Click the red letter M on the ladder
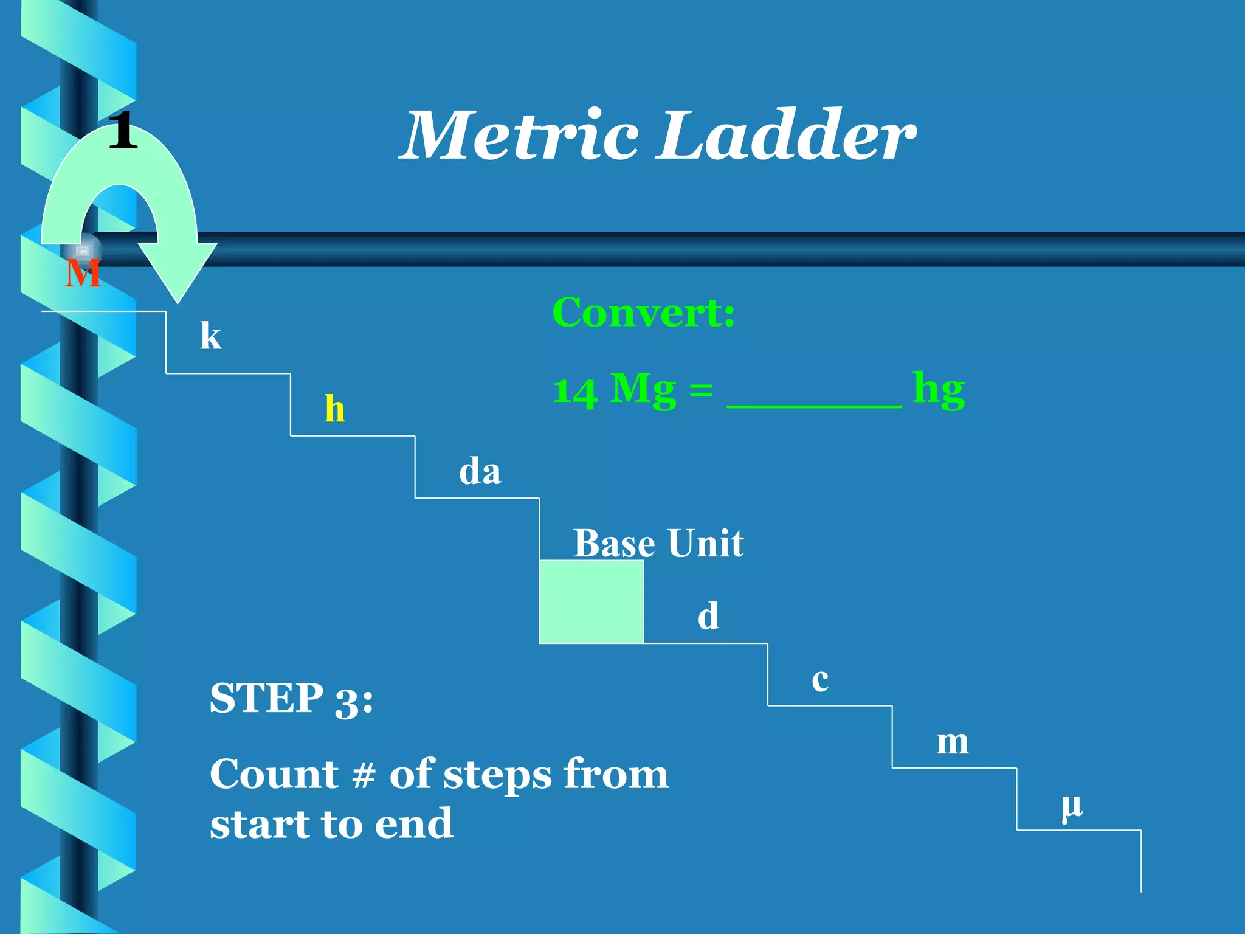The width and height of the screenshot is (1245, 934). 83,274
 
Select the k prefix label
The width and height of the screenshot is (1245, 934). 211,336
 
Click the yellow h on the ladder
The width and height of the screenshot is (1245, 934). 335,409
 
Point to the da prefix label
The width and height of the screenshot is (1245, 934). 480,472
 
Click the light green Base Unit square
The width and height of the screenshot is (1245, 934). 591,601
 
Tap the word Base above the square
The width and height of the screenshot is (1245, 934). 614,543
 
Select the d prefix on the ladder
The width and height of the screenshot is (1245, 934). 708,617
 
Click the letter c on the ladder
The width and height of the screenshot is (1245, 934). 820,680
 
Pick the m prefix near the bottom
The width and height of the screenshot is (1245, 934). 952,742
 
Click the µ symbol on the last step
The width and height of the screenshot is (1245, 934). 1072,807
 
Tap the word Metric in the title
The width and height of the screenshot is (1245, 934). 520,136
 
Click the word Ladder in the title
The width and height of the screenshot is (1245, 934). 787,136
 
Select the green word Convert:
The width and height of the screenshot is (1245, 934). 643,313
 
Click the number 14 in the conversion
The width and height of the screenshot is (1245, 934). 575,391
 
